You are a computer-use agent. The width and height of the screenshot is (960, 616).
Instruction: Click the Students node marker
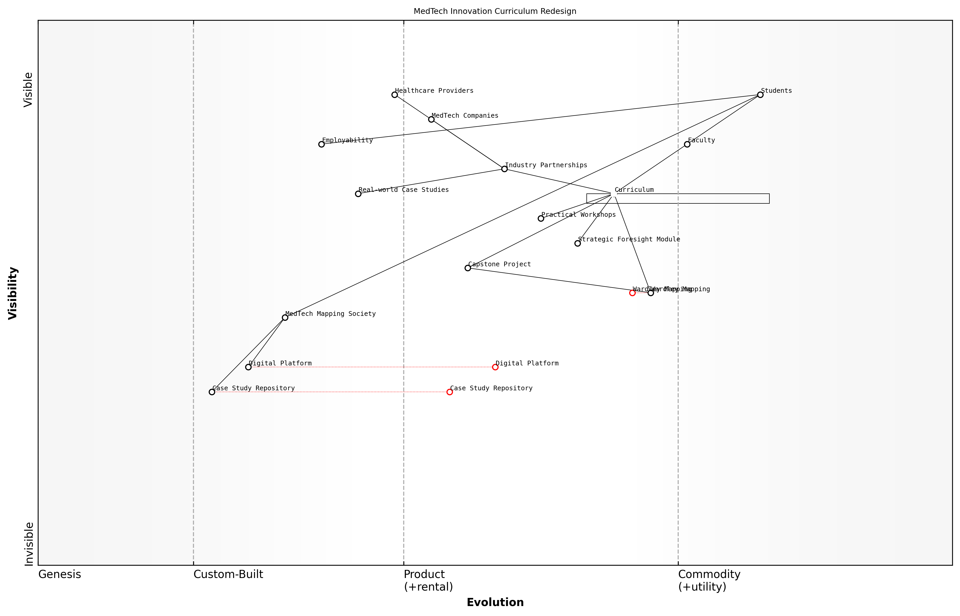[760, 95]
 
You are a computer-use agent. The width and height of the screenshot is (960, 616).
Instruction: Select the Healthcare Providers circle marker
[394, 95]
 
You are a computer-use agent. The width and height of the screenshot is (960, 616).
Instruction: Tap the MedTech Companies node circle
[431, 119]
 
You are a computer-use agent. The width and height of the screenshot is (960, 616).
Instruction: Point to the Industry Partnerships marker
[504, 169]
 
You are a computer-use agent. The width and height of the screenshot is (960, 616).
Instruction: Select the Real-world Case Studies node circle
[358, 194]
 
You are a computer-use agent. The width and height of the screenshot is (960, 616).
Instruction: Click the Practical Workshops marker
[541, 218]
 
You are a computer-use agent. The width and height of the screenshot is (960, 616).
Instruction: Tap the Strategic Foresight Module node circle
[577, 243]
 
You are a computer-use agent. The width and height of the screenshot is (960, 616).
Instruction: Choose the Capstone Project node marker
[468, 268]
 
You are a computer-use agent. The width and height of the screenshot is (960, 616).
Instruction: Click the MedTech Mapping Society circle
[285, 318]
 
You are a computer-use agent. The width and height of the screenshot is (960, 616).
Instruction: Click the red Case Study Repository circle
[450, 392]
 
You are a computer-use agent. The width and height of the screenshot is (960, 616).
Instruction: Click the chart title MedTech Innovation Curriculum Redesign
[495, 11]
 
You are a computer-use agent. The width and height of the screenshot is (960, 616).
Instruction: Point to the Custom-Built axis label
[228, 574]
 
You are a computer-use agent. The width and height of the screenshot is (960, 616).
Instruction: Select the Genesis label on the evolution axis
[60, 574]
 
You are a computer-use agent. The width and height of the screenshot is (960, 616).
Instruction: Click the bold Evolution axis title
[495, 602]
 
